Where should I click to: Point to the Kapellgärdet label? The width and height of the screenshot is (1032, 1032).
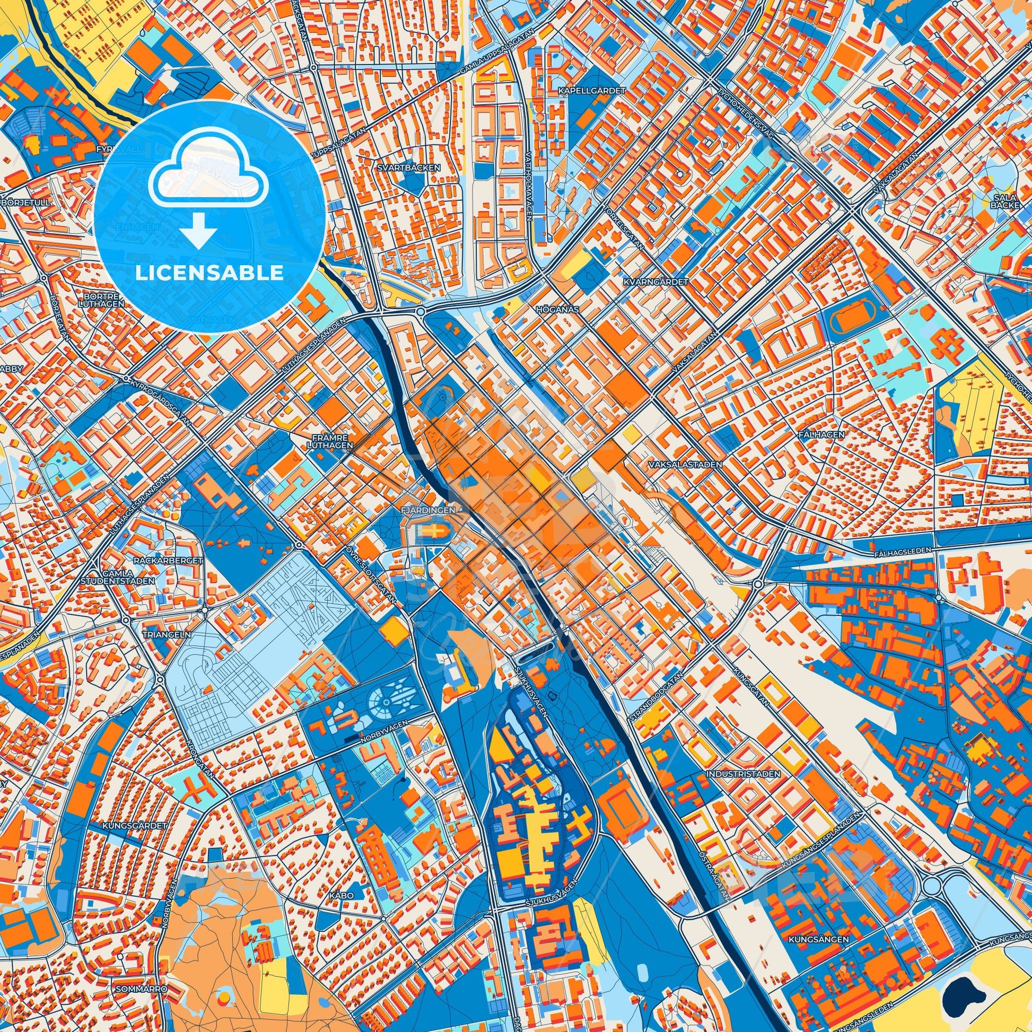(x=591, y=91)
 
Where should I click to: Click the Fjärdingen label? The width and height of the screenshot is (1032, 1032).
(x=427, y=510)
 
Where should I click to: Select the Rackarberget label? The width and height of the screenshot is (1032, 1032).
(x=162, y=561)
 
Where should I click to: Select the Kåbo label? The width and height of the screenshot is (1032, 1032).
(x=342, y=895)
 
